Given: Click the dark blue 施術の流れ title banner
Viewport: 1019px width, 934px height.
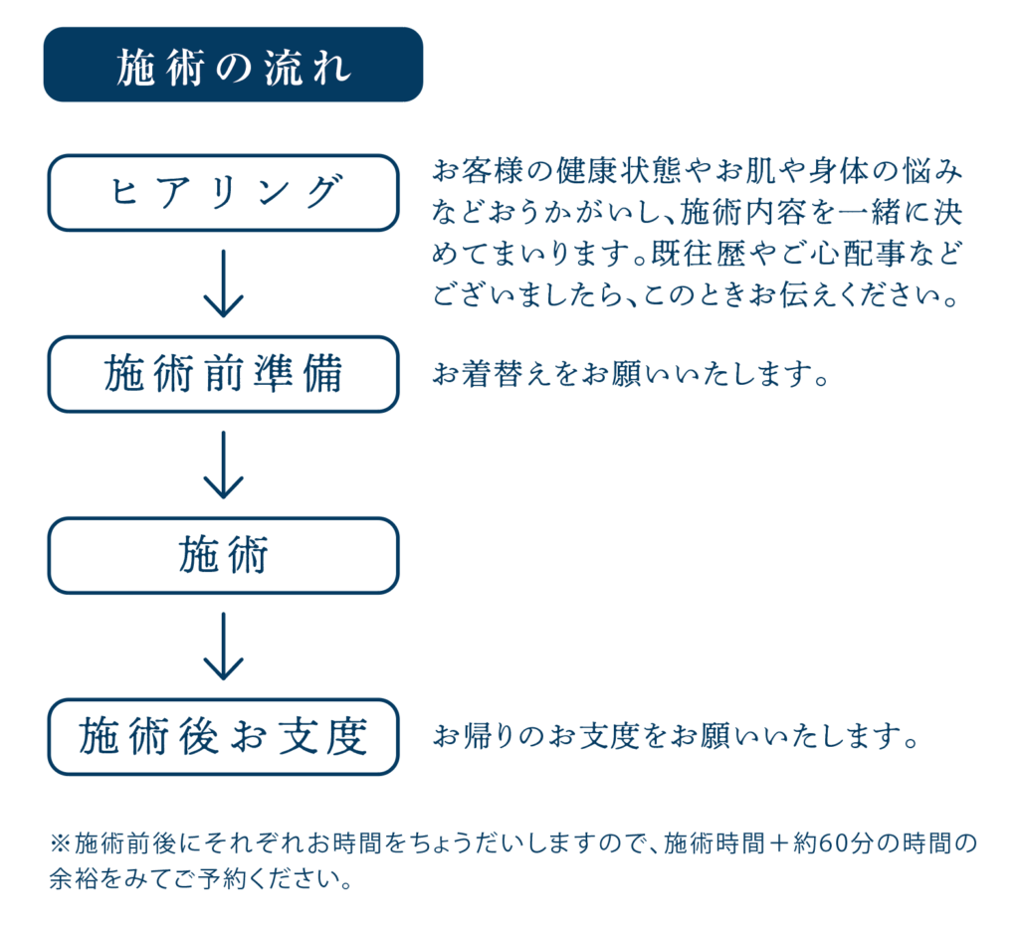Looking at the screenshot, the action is tap(233, 65).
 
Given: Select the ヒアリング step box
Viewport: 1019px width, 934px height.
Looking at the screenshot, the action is tap(224, 193).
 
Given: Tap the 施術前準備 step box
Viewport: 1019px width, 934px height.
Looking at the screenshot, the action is tap(224, 374).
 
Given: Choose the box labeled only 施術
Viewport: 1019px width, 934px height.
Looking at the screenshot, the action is tap(224, 555).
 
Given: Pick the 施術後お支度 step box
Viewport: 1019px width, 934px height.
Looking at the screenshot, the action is tap(224, 736).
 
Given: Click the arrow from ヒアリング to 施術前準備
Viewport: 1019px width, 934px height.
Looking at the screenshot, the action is tap(224, 283).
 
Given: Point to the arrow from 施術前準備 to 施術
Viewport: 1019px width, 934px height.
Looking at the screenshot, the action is tap(224, 466).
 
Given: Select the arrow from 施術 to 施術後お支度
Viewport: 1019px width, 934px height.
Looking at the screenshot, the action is tap(224, 647).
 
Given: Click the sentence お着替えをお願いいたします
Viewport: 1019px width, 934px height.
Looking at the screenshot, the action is tap(630, 374).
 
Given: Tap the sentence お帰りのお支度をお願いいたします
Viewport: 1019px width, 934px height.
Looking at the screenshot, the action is tap(676, 736).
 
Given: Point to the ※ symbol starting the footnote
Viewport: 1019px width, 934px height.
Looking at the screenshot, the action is tap(61, 843).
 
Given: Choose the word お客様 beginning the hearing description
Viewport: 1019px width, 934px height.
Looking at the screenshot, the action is tap(478, 171).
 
